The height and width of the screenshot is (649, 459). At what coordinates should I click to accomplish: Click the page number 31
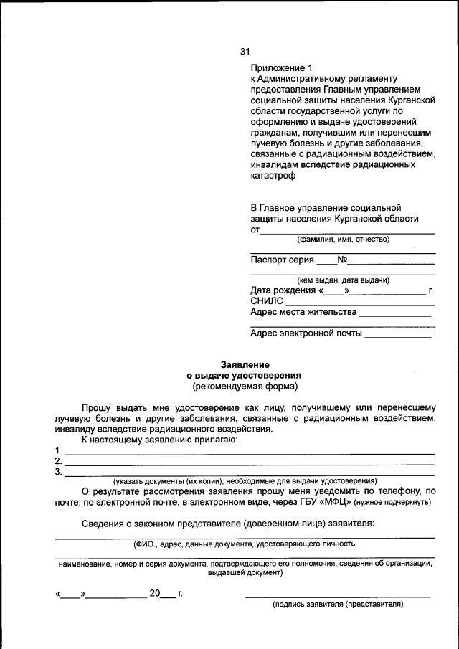[245, 51]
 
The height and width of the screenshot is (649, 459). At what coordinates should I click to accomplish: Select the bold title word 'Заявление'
[244, 364]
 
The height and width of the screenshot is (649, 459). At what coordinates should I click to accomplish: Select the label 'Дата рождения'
[283, 291]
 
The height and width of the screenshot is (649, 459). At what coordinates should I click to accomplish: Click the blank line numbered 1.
[249, 451]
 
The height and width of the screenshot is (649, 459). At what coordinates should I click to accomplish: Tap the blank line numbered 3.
[249, 473]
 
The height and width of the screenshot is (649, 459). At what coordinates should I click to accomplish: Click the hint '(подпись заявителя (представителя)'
[338, 605]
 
